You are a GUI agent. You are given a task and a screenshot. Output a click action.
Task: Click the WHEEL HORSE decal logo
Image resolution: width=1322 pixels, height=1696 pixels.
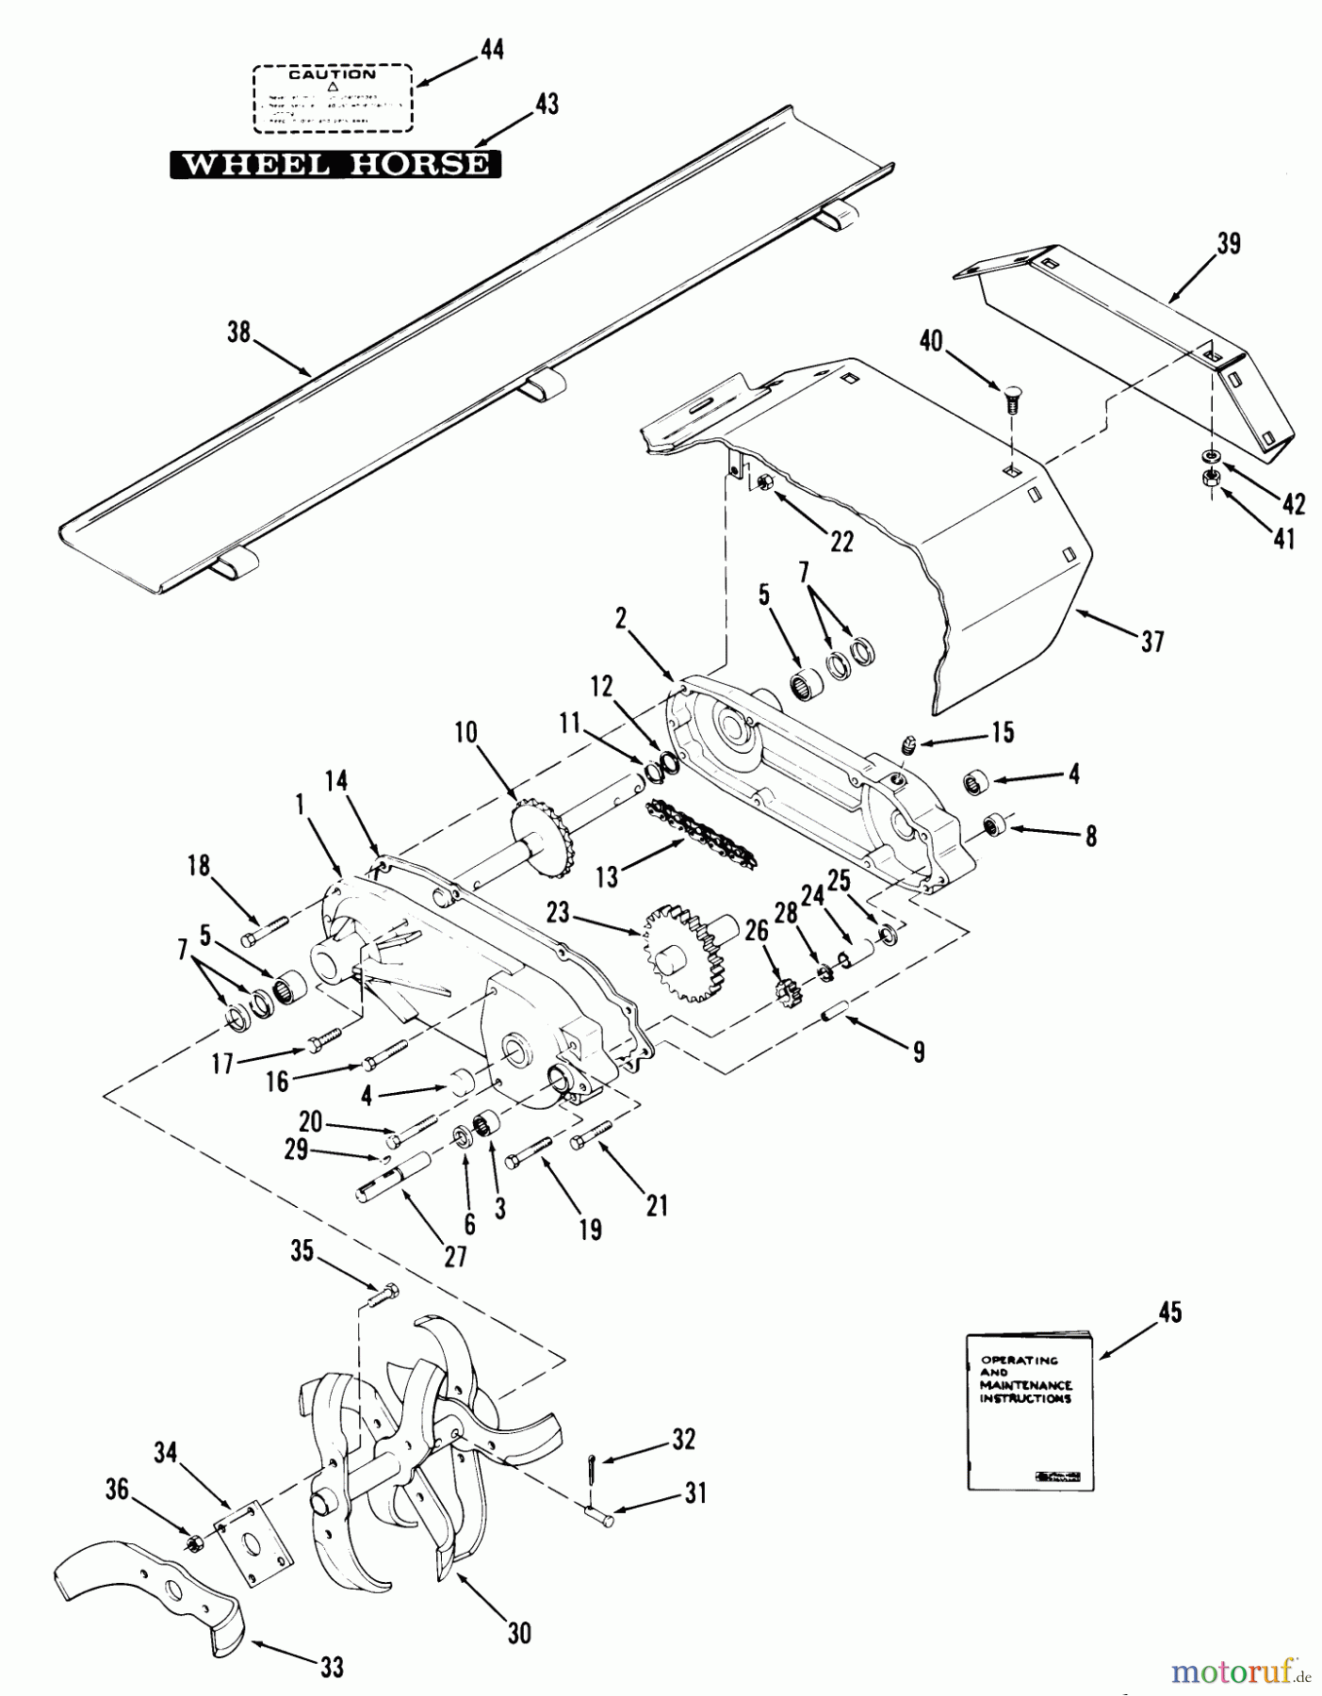335,164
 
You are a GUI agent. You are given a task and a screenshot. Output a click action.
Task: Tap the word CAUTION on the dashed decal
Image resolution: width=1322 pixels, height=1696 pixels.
332,74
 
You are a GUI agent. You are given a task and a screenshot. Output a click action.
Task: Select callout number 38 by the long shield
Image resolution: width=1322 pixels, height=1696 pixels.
239,332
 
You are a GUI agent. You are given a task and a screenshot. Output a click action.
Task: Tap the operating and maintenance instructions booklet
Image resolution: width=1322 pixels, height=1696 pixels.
1030,1411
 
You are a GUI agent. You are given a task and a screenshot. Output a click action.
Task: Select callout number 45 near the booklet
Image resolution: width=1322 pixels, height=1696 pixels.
1169,1312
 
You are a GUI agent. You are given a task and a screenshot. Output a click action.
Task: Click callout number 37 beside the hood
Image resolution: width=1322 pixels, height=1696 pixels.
1152,642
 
